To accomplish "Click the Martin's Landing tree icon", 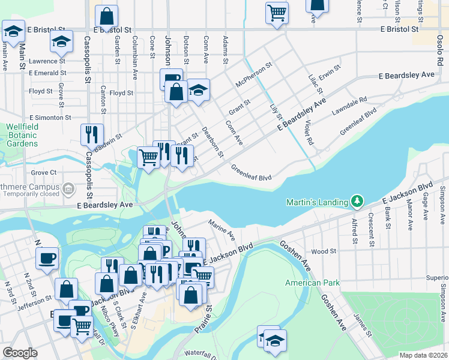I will point(357,200).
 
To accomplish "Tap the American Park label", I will point(312,283).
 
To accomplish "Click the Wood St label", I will point(324,251).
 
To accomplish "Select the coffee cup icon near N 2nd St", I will point(47,258).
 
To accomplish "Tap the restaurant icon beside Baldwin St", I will point(92,134).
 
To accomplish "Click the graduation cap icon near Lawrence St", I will point(61,41).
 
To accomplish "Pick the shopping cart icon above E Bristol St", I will point(277,12).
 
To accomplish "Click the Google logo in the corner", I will point(20,353).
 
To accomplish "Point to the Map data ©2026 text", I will point(423,355).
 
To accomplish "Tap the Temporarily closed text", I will point(34,194).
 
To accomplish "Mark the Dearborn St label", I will point(212,142).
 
